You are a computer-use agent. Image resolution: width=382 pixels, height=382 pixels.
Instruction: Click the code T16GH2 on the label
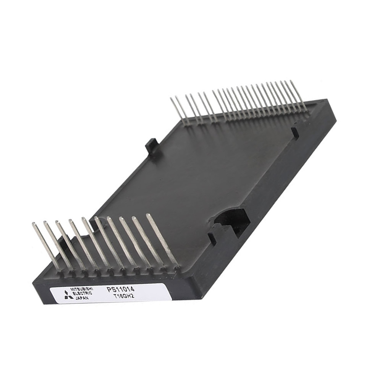coord(123,296)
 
